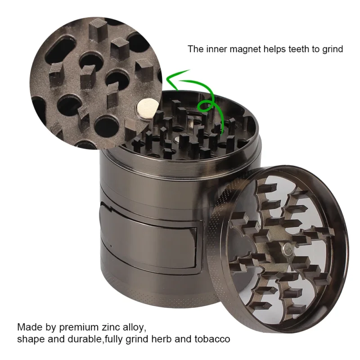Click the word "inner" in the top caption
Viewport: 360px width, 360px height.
(x=213, y=49)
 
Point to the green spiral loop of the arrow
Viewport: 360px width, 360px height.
(x=207, y=106)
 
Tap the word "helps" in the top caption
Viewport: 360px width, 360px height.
(x=271, y=49)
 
